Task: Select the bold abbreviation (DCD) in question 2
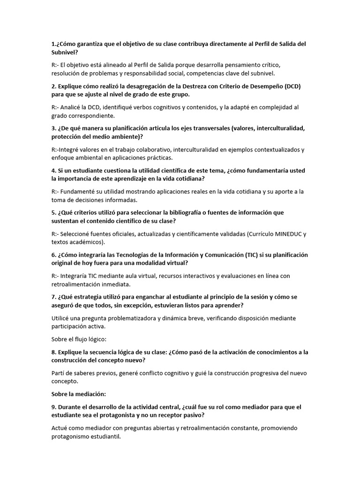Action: click(292, 86)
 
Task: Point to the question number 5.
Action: click(53, 212)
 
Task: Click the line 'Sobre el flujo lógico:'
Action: click(79, 339)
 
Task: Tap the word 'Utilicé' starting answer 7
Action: click(61, 318)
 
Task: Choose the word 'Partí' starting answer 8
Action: click(59, 373)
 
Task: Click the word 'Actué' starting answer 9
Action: click(60, 427)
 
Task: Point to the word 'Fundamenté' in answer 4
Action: click(83, 191)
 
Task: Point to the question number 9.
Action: click(53, 406)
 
